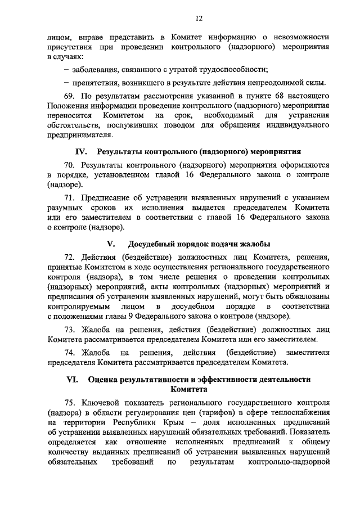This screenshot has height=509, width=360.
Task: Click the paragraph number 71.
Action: coord(69,197)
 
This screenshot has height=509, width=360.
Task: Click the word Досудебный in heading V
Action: coord(154,244)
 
